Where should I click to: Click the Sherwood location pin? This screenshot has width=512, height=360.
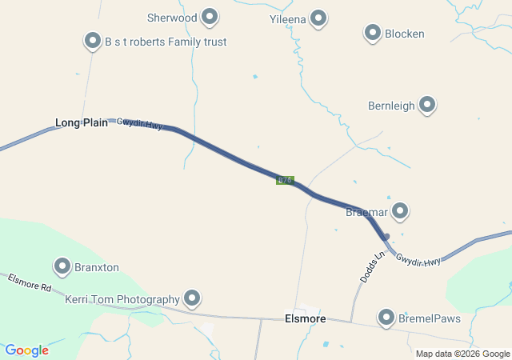click(210, 16)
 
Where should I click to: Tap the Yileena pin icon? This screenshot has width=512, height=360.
click(318, 18)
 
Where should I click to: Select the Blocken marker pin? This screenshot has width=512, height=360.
click(372, 33)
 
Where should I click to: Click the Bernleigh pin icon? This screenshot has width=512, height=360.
click(427, 104)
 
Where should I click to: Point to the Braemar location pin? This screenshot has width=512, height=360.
click(400, 211)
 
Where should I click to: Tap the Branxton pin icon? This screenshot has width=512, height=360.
click(62, 266)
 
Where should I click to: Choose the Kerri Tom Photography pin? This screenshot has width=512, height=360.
click(192, 298)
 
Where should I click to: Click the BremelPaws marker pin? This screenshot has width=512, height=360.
click(387, 317)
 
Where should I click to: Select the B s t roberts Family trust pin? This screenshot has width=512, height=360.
click(92, 40)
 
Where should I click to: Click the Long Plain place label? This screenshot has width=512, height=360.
click(81, 122)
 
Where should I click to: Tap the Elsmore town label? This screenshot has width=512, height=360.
click(305, 318)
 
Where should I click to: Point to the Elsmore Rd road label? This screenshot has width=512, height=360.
click(30, 282)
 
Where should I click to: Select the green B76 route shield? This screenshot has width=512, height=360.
click(285, 180)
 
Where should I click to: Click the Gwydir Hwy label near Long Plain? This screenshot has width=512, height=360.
click(139, 124)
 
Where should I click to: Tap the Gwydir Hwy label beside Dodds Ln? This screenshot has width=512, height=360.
click(418, 261)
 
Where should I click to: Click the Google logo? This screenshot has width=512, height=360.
click(27, 350)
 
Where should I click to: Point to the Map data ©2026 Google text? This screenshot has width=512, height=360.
click(462, 354)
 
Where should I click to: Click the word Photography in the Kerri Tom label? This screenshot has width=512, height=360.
click(147, 299)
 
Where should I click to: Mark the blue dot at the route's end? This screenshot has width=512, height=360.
click(386, 237)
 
